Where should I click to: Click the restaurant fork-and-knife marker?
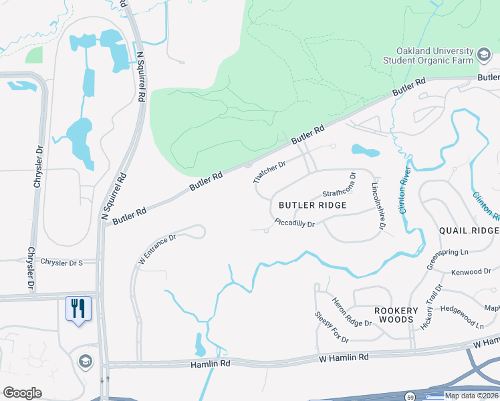pos(79,308)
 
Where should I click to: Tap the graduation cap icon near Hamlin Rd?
pos(85,362)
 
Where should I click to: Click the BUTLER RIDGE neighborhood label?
pos(313,205)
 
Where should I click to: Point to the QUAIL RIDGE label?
pos(469,230)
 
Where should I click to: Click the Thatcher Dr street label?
pos(269,172)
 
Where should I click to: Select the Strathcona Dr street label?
pos(340,184)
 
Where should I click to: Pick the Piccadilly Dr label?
pos(295,223)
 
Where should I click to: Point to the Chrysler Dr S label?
pos(61,262)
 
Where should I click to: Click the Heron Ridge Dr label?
pos(352,312)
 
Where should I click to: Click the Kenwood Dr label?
pos(471,272)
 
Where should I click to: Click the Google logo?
pos(22,393)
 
